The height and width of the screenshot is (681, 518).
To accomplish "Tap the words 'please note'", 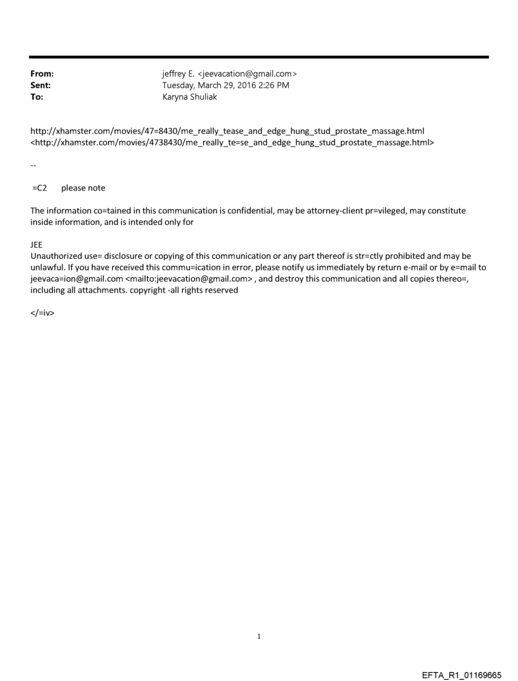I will click(x=83, y=188).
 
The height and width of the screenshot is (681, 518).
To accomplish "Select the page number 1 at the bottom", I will click(x=259, y=636).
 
